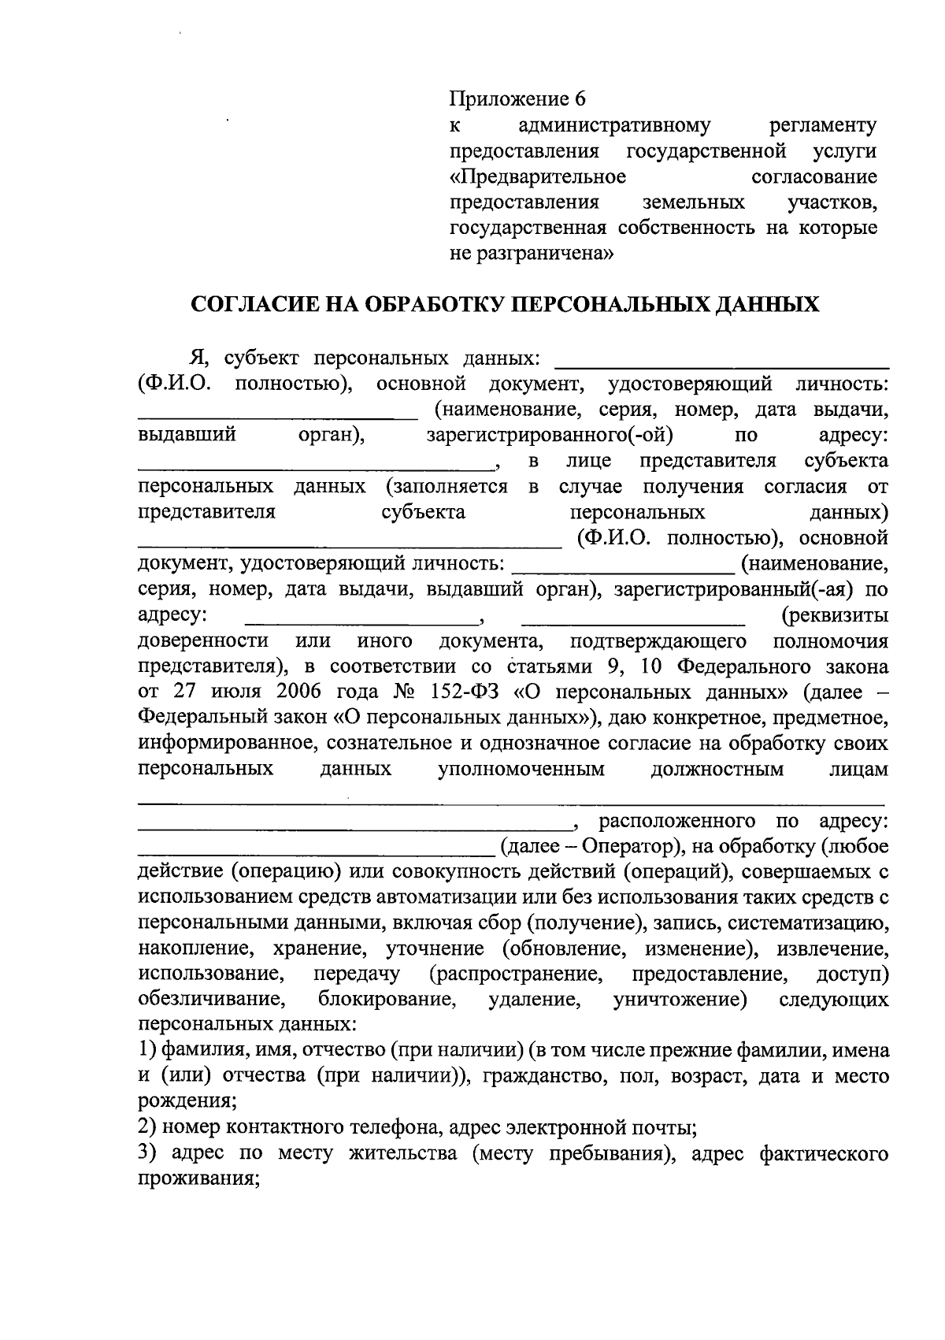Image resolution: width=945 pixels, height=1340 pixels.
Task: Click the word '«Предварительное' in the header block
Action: coord(538,176)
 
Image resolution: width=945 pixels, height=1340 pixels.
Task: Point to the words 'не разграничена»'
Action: coord(531,254)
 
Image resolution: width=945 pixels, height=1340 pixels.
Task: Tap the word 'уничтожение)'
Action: coord(680,1000)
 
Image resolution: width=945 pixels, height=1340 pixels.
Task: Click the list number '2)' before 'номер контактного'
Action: coord(148,1129)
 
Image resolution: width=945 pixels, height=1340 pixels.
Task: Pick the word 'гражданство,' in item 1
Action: coord(543,1077)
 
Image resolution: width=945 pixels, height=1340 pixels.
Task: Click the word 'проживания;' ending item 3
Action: coord(198,1180)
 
